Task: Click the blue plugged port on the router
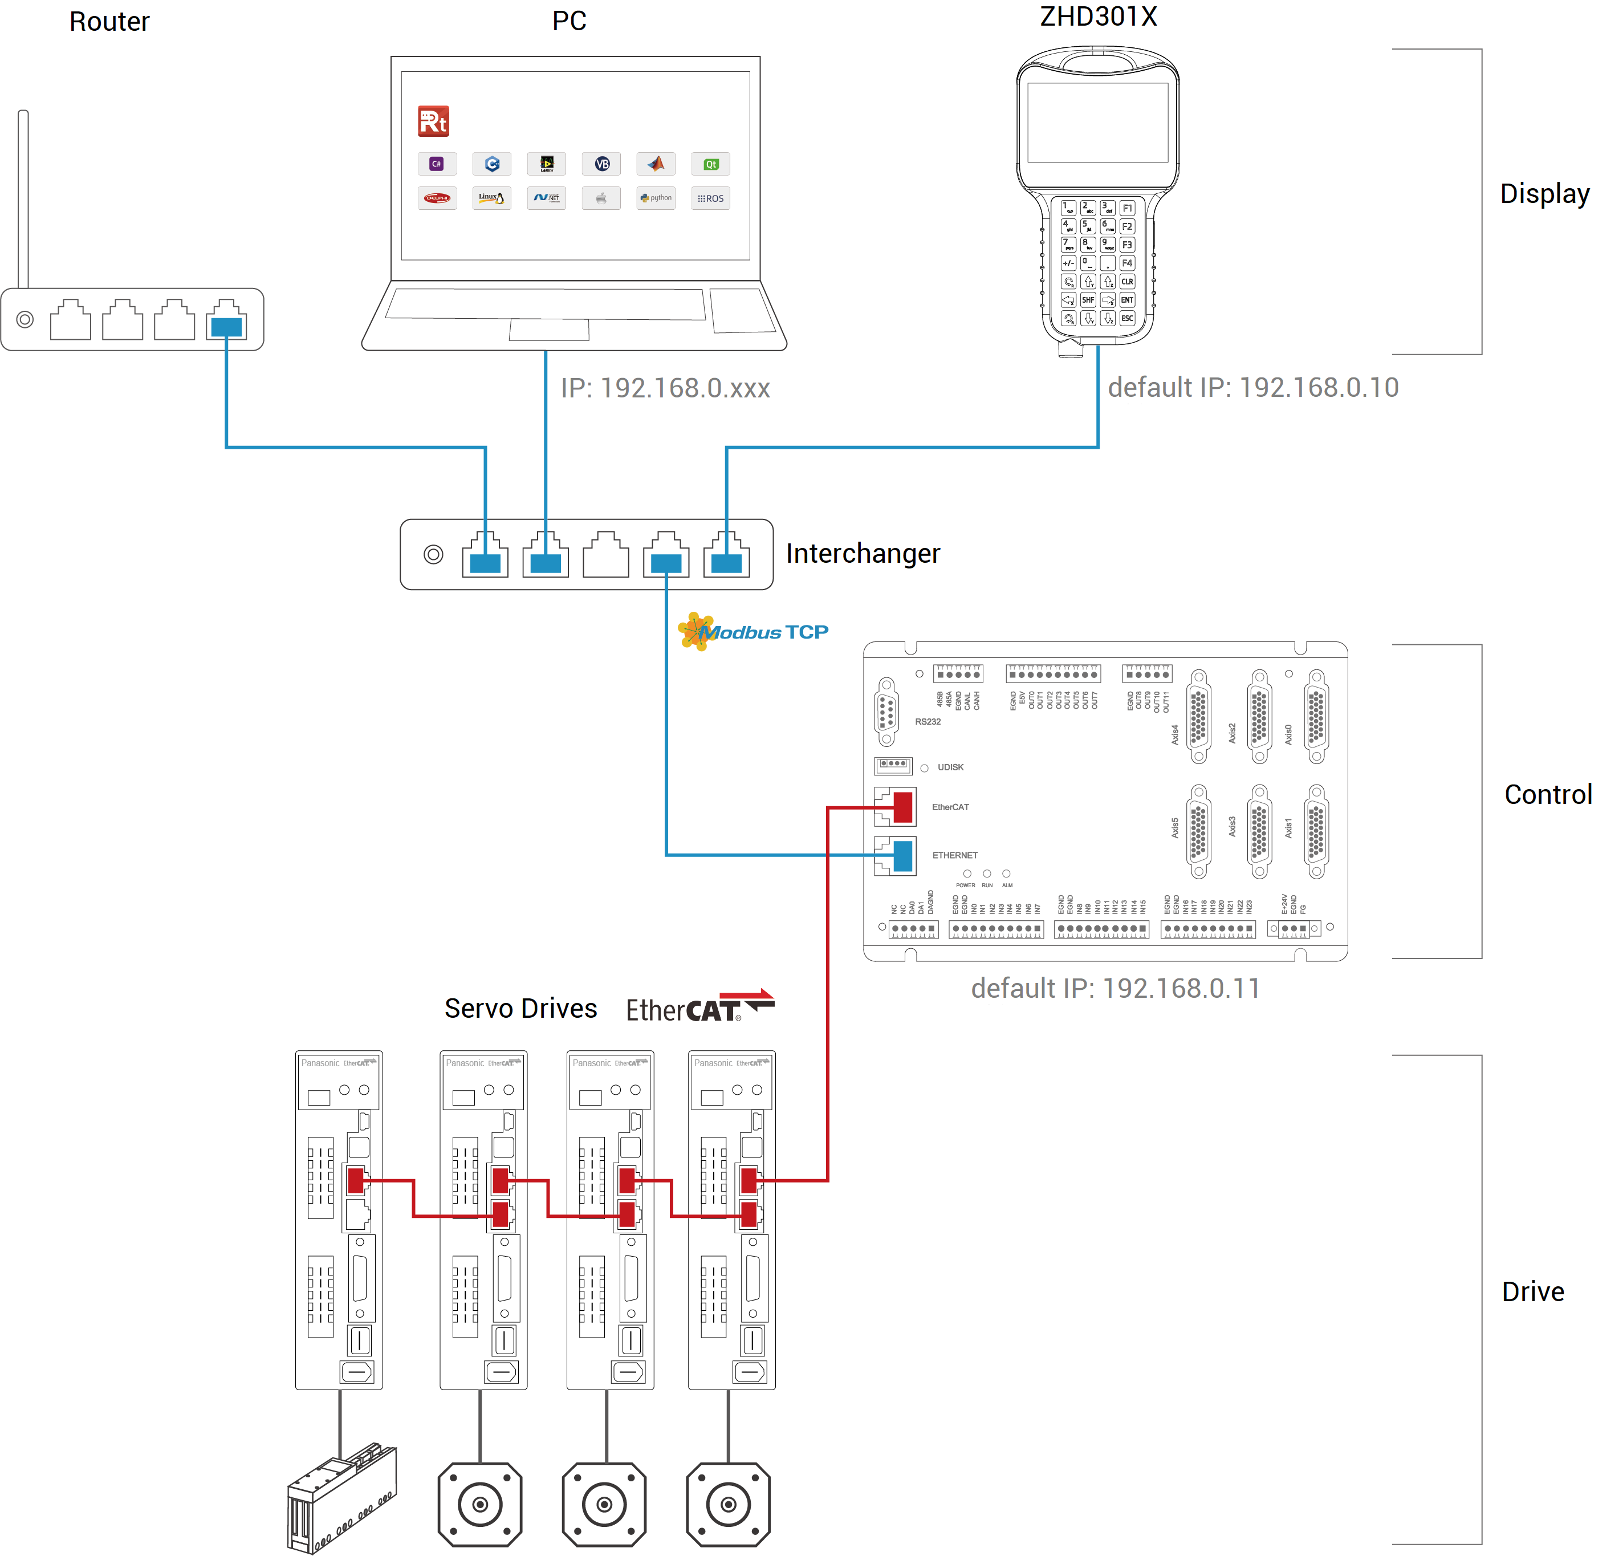click(226, 326)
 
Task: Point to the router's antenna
click(23, 199)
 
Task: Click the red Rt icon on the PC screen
click(433, 121)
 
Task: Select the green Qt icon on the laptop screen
click(710, 164)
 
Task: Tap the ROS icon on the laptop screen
click(710, 199)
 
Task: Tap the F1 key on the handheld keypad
click(1127, 208)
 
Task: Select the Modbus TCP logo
click(754, 632)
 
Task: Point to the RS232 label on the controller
click(928, 722)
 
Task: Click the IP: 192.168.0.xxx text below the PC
click(665, 388)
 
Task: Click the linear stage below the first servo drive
click(341, 1499)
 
